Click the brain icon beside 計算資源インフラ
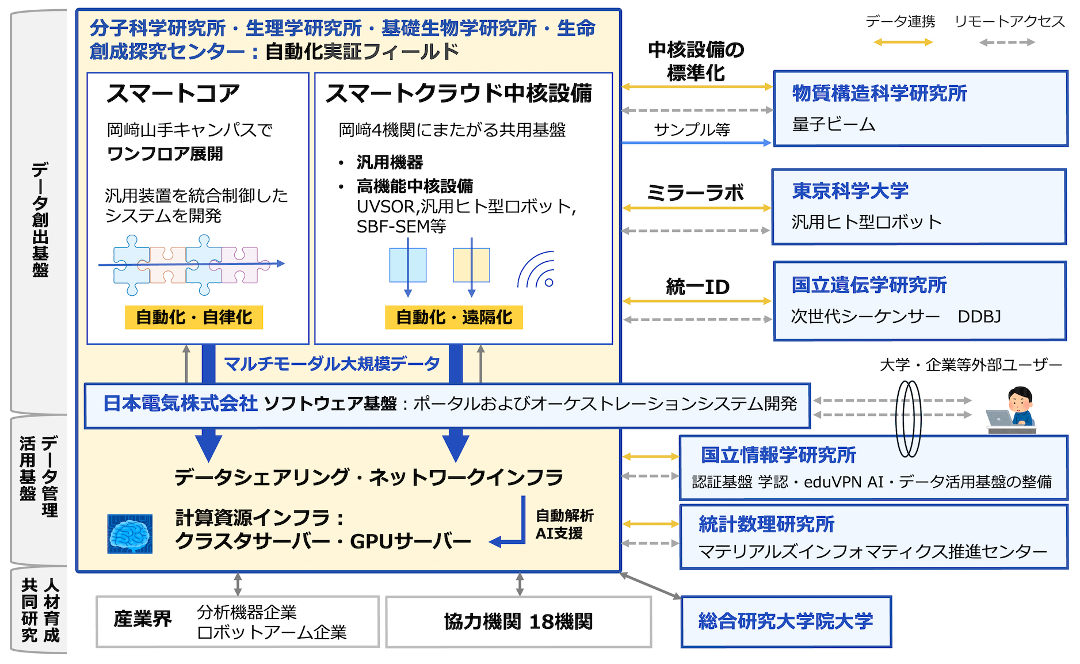point(130,533)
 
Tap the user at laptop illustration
point(1012,410)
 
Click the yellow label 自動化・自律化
point(194,317)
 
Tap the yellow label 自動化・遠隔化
point(454,317)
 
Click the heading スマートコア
point(173,93)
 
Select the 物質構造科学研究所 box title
point(879,93)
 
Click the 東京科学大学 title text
point(850,191)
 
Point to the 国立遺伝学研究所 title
point(869,285)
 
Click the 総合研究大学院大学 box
point(786,621)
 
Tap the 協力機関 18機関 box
point(518,621)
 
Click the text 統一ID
point(697,287)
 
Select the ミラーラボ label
point(695,193)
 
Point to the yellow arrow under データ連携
point(903,42)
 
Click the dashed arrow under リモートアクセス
point(1007,42)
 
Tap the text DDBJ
point(979,316)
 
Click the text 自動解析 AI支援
point(564,524)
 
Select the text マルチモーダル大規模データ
point(331,364)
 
